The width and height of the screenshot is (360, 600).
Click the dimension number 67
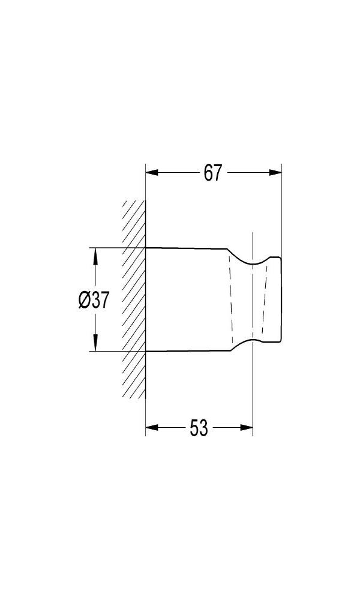(212, 173)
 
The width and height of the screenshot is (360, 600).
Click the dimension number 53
(199, 428)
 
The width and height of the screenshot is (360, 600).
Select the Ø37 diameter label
(94, 299)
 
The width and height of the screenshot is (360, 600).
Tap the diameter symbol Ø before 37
(85, 299)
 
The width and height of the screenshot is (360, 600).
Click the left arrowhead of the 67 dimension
(152, 173)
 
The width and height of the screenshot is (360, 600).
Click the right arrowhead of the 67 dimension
(275, 173)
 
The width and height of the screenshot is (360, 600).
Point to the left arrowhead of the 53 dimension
(152, 427)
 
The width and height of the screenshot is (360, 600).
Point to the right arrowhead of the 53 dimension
(247, 427)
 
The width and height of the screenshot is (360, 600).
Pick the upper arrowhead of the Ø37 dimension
(95, 254)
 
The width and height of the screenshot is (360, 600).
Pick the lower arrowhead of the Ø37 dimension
(95, 344)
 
